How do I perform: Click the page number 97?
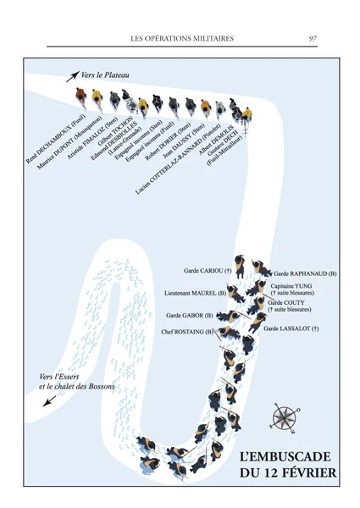(x=313, y=39)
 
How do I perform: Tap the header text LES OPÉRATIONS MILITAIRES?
(x=182, y=39)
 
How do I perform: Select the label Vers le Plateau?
(x=105, y=75)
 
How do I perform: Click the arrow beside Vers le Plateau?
(x=73, y=77)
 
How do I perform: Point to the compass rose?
(x=284, y=418)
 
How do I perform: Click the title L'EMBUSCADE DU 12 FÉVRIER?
(x=288, y=465)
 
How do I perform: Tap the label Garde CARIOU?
(x=208, y=270)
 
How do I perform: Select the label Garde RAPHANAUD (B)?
(x=305, y=273)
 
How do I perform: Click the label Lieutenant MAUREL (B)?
(x=195, y=293)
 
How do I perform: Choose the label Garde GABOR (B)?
(x=190, y=315)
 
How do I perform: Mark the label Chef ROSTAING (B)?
(x=187, y=332)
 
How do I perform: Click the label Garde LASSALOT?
(x=291, y=329)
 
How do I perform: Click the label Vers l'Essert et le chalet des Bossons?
(x=77, y=382)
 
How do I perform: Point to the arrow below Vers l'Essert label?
(x=50, y=401)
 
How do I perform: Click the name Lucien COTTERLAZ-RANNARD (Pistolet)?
(x=178, y=159)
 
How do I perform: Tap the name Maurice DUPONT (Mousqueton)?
(x=69, y=142)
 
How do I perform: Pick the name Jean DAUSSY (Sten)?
(x=184, y=141)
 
